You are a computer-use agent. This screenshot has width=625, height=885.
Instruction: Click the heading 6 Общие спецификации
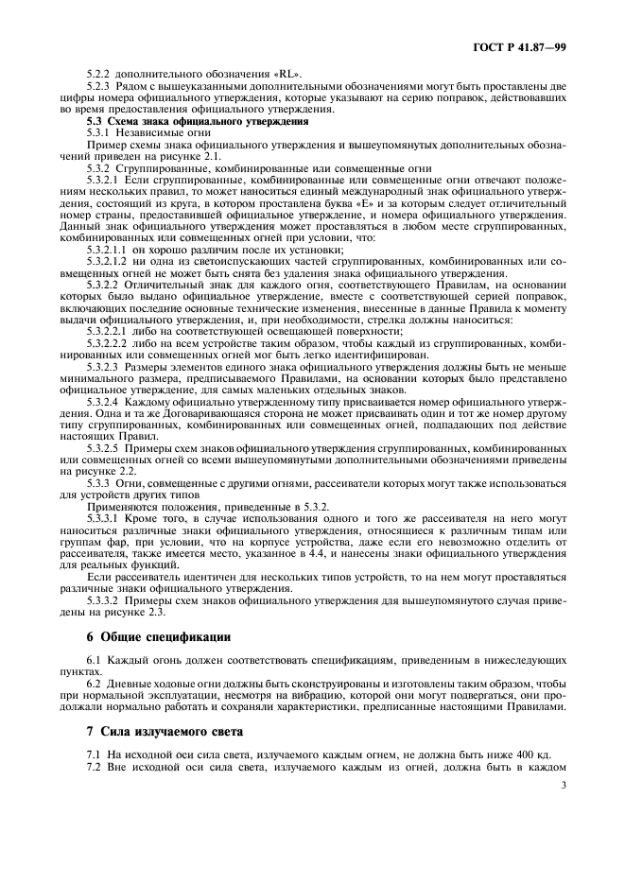[159, 637]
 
